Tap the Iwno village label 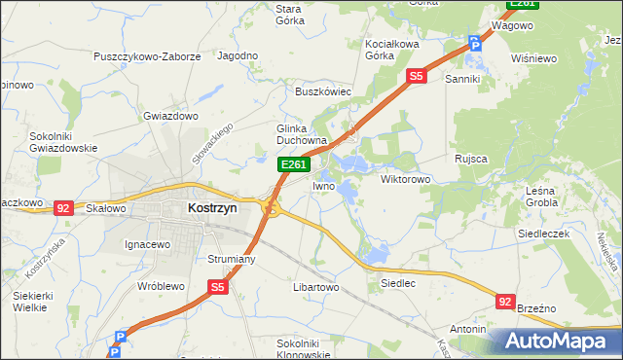point(324,185)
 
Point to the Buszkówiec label point(323,91)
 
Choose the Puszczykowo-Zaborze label point(147,57)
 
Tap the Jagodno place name point(238,57)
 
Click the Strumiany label point(231,259)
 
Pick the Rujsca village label point(470,158)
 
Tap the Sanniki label point(464,78)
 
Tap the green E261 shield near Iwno point(294,166)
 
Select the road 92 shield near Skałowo point(63,207)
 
